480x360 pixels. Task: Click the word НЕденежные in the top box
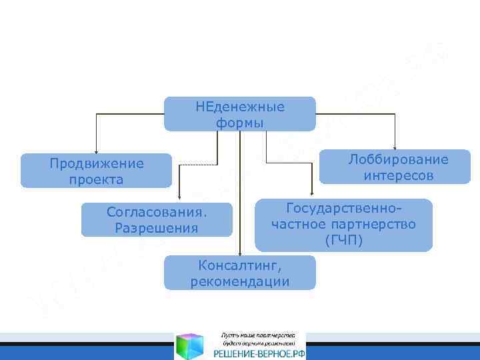pos(240,107)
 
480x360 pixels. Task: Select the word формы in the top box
pos(240,123)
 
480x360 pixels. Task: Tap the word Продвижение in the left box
pos(97,163)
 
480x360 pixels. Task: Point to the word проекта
pos(96,179)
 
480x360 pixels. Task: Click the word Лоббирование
pos(399,159)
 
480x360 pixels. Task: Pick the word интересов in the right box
pos(399,175)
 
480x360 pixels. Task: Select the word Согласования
pos(157,213)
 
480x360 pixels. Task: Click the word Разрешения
pos(157,229)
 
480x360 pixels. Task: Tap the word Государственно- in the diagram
pos(344,208)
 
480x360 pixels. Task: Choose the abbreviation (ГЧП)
pos(344,240)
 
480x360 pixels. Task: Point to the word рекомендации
pos(240,281)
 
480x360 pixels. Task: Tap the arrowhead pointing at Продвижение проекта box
pos(97,151)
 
